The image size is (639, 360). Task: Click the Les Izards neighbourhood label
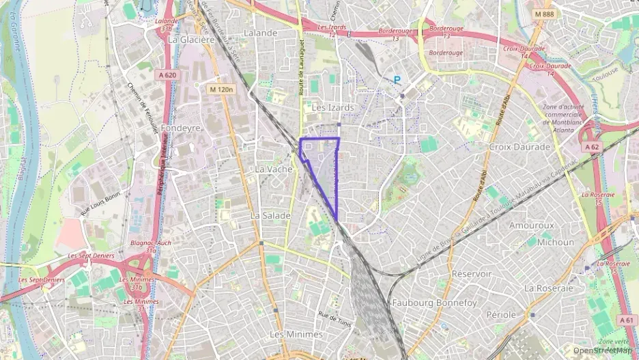coord(332,108)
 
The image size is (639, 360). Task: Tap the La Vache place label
coord(273,169)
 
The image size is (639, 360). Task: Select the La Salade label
coord(270,215)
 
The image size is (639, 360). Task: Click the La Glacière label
coord(191,40)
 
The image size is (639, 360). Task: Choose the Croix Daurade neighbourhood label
coord(520,147)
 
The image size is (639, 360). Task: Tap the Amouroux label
coord(531,225)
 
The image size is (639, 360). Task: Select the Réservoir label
coord(472,273)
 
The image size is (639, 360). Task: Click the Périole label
coord(501,315)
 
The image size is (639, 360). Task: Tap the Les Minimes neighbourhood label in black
coord(296,334)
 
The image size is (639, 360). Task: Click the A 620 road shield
coord(167,75)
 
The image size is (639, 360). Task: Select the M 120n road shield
coord(222,89)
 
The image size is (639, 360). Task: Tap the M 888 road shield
coord(545,14)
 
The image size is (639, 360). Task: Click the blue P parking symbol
coord(397,80)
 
